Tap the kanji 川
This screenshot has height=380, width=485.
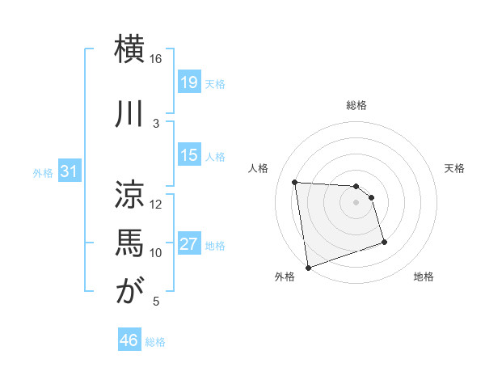point(129,111)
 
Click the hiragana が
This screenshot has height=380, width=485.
point(129,290)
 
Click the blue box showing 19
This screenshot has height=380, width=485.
point(189,83)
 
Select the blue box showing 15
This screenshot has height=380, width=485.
point(189,156)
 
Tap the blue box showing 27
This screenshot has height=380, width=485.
point(189,245)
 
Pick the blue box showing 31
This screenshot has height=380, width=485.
point(69,171)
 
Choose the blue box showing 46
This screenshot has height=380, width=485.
point(129,340)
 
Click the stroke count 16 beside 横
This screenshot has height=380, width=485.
point(156,59)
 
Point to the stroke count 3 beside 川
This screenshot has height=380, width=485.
point(156,123)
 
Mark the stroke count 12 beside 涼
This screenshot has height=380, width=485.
point(156,205)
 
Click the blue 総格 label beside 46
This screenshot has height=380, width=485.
point(156,342)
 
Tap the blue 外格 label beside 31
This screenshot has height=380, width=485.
point(43,173)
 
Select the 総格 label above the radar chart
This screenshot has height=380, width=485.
point(356,105)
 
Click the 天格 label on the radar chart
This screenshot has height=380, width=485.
point(455,168)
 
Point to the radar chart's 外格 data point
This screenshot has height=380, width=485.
point(307,267)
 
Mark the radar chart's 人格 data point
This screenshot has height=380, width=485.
point(295,182)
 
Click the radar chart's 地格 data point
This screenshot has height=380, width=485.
point(384,242)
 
